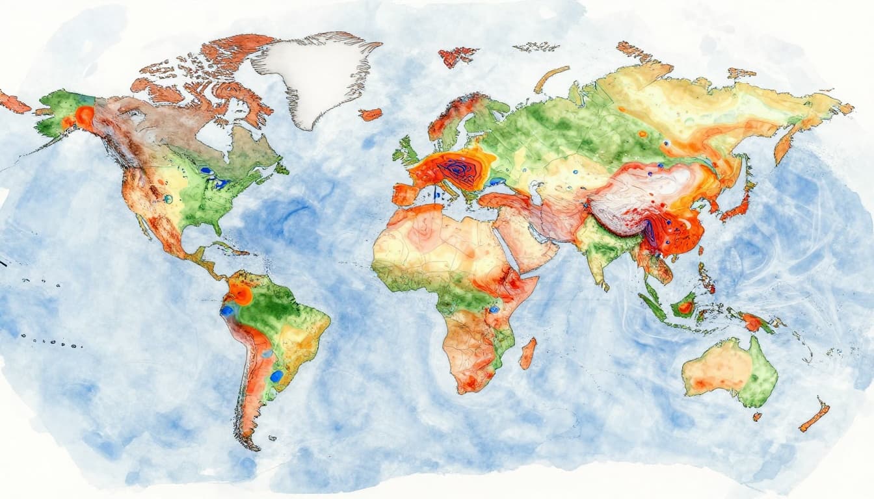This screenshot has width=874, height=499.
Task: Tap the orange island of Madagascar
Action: [x=527, y=353]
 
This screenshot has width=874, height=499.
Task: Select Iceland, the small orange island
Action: [x=370, y=114]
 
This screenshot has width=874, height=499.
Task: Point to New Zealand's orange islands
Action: [x=815, y=416]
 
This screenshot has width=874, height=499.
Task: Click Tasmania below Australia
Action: [x=757, y=416]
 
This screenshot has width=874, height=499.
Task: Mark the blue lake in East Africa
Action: [x=494, y=310]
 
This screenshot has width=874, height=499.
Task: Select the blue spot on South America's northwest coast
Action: [x=226, y=311]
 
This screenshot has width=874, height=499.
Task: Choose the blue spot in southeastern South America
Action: [x=276, y=376]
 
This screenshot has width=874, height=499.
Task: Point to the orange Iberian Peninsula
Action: [x=404, y=194]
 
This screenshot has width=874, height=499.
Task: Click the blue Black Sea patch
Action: [x=498, y=182]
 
